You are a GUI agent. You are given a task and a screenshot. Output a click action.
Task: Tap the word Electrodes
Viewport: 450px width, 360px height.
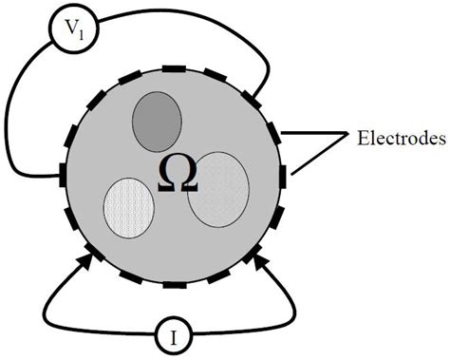[402, 141]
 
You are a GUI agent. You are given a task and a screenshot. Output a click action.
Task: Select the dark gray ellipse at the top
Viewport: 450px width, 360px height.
[158, 121]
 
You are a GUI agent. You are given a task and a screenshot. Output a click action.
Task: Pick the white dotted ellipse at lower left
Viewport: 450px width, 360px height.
[128, 207]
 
